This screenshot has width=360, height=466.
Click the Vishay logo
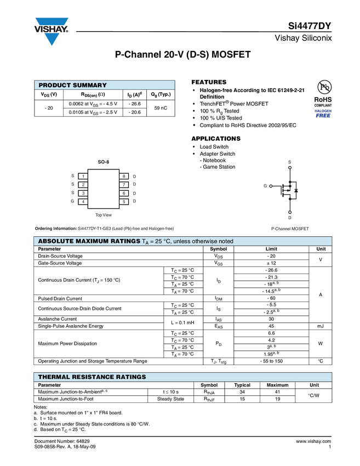coord(52,31)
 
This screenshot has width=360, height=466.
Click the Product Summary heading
coord(72,85)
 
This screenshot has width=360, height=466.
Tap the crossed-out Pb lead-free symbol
coord(323,87)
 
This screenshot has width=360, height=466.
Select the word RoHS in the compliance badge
coord(323,99)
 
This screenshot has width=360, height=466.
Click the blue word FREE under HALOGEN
coord(323,116)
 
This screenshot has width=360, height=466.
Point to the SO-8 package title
coord(104,162)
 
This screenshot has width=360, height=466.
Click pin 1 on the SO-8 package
coord(83,176)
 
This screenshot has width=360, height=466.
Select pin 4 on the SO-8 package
coord(83,202)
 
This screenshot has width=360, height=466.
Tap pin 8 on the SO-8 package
coord(124,176)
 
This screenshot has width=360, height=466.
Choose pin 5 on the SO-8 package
coord(124,202)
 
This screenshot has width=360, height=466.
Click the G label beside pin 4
coord(72,201)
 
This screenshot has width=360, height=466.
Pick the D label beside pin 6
coord(134,194)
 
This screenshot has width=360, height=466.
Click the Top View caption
coord(104,215)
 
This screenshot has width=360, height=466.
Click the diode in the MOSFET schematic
coord(296,190)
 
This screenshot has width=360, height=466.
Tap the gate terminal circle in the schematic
coord(271,186)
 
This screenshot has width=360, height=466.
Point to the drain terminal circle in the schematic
coord(290,212)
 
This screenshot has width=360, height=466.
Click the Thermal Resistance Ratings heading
coord(92,377)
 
